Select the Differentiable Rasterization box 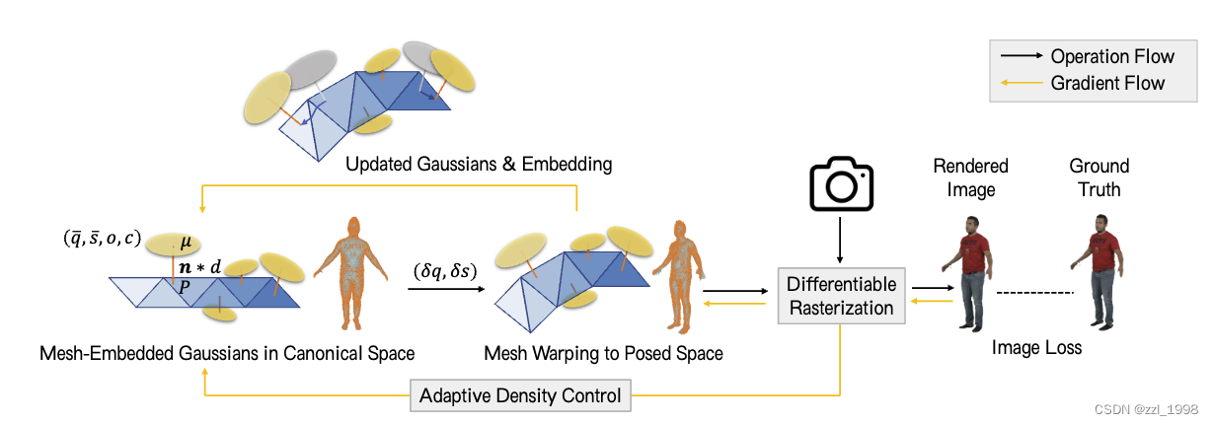tap(841, 296)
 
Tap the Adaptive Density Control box tap(520, 396)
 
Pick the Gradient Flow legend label tap(1107, 83)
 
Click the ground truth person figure tap(1099, 271)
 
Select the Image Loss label tap(1035, 347)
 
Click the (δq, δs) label tap(443, 269)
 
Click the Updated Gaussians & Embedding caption tap(478, 164)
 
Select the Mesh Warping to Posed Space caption tap(603, 353)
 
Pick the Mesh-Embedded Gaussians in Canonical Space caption tap(227, 353)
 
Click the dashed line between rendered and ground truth tap(1033, 293)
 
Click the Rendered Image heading tap(970, 177)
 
